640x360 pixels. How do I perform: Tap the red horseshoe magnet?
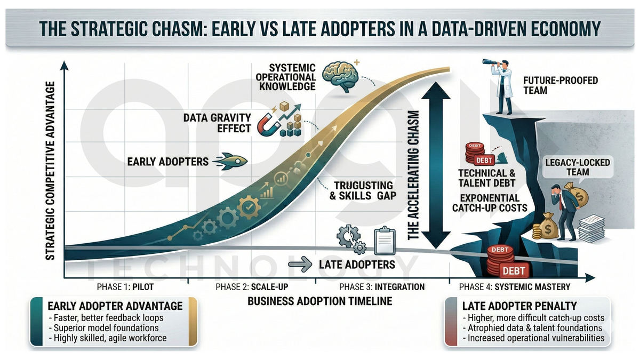pyautogui.click(x=268, y=125)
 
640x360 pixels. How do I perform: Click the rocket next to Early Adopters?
pyautogui.click(x=230, y=162)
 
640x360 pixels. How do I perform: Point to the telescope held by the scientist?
pyautogui.click(x=491, y=63)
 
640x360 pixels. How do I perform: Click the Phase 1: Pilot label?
pyautogui.click(x=125, y=286)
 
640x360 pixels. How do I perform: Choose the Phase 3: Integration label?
pyautogui.click(x=382, y=286)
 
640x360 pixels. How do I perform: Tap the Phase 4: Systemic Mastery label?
pyautogui.click(x=515, y=286)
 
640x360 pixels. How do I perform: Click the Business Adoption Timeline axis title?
pyautogui.click(x=319, y=301)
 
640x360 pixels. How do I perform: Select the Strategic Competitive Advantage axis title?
pyautogui.click(x=50, y=171)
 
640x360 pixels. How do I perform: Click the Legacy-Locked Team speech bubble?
pyautogui.click(x=578, y=167)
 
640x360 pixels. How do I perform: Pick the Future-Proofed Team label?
pyautogui.click(x=561, y=85)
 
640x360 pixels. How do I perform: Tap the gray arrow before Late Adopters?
pyautogui.click(x=300, y=265)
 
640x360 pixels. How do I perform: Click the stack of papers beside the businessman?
pyautogui.click(x=591, y=229)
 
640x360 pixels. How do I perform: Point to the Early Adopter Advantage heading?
pyautogui.click(x=115, y=306)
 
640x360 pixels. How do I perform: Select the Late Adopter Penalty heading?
pyautogui.click(x=519, y=306)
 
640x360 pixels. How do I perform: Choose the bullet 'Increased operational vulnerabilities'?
pyautogui.click(x=533, y=338)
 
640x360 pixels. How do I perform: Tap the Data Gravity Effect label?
pyautogui.click(x=217, y=123)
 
